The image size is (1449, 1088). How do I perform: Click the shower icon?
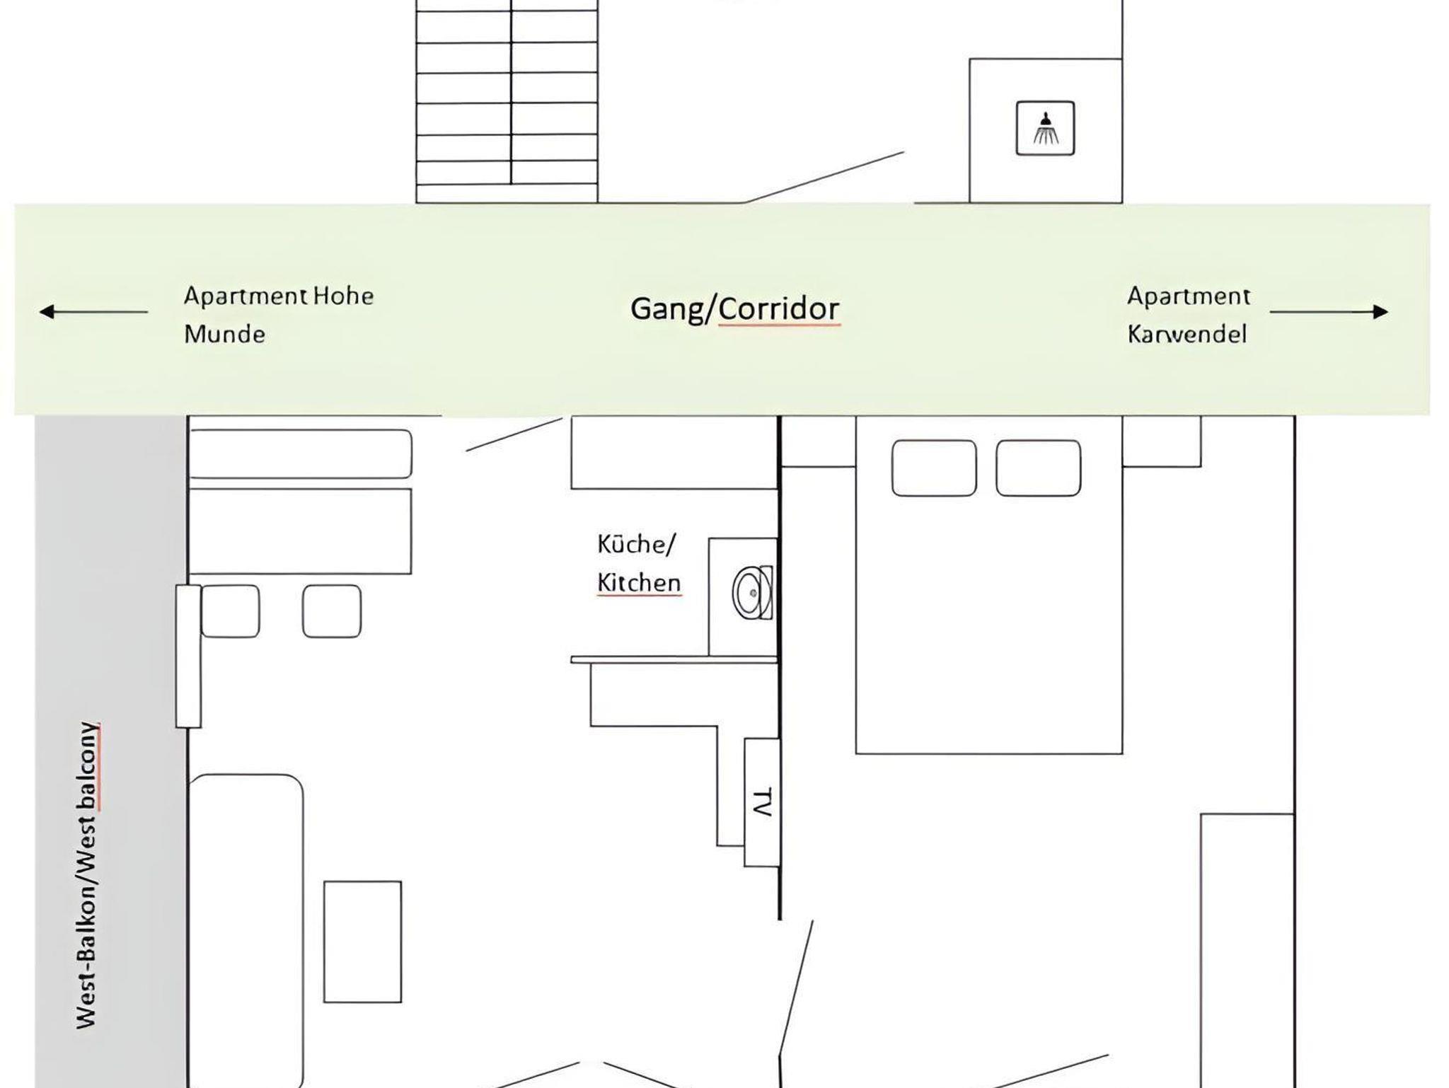coord(1045,128)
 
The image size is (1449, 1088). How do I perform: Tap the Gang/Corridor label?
coord(735,308)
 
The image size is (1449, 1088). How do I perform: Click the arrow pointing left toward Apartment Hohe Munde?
coord(93,311)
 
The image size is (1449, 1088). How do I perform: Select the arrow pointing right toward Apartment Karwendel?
coord(1329,311)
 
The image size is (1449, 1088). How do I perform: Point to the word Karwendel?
coord(1187,334)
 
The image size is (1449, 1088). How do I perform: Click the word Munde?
coord(224,334)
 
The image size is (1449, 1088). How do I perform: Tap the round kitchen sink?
coord(752,593)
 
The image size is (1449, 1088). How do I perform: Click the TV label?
coord(761,803)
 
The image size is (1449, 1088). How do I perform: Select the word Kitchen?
coord(639,583)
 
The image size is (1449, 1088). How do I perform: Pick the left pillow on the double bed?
coord(934,468)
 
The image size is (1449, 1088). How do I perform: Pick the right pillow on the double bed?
coord(1038,468)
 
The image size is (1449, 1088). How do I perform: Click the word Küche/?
coord(636,545)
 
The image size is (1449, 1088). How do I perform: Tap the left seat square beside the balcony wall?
coord(231,611)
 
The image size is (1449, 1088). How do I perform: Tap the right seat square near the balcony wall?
coord(332,611)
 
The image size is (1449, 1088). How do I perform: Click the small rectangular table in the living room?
coord(363,942)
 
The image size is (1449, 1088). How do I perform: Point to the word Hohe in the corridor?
coord(343,296)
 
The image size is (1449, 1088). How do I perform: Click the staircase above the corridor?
coord(507,101)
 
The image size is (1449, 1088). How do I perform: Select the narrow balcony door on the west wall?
coord(188,656)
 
